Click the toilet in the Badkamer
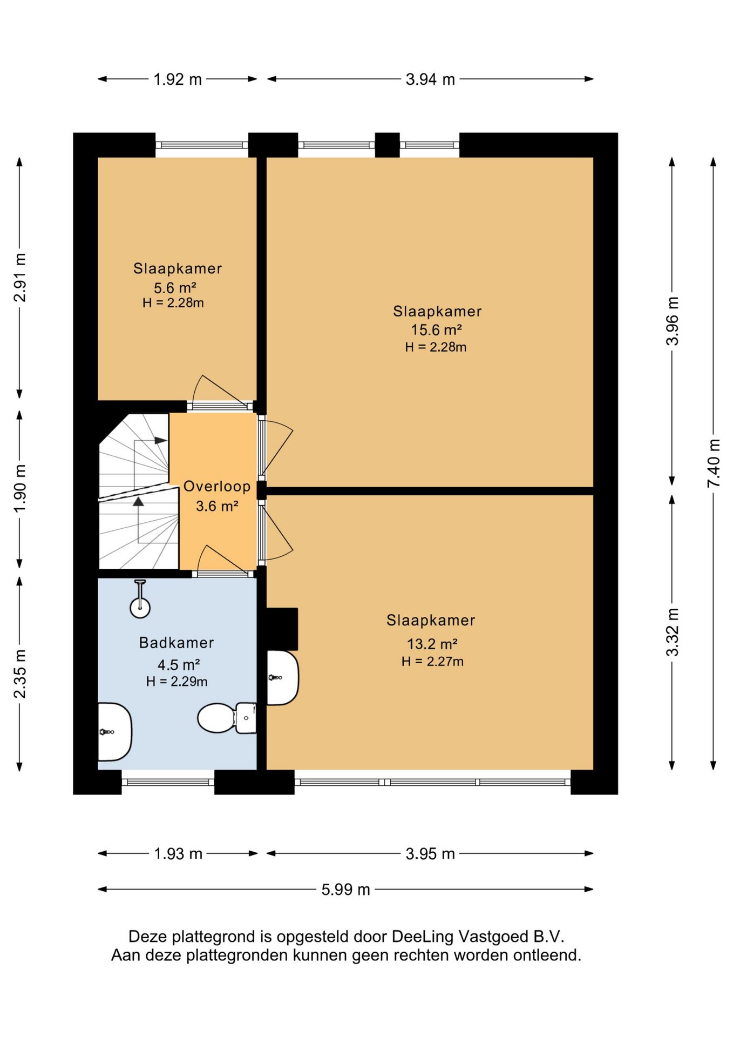pos(227,718)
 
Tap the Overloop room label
pos(217,486)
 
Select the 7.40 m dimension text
pos(714,463)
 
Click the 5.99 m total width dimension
pos(345,890)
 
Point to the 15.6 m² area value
pos(436,329)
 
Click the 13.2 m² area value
pos(432,644)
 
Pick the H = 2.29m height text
pos(177,682)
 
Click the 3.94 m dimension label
pos(430,79)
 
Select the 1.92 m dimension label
pos(178,79)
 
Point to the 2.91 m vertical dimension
pos(19,278)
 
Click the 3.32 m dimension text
pos(673,632)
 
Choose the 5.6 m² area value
pos(175,288)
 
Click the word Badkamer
pos(177,643)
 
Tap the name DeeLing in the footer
pos(423,936)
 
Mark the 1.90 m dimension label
pos(19,489)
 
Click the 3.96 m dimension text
pos(673,321)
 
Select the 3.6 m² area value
pos(217,506)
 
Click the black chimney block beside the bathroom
pos(282,629)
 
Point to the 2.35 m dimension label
pos(19,674)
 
